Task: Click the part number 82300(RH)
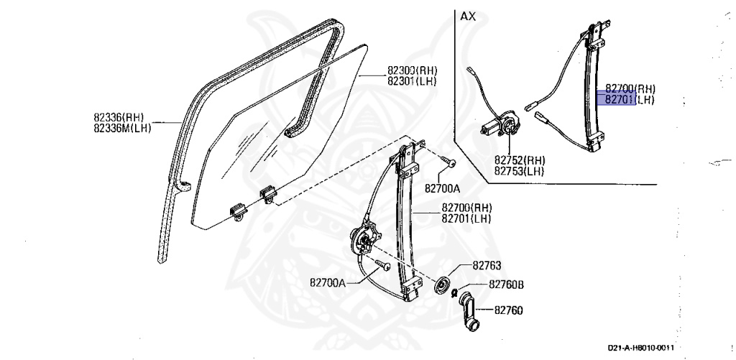click(x=412, y=70)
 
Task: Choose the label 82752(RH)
click(x=520, y=160)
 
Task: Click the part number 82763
click(x=487, y=265)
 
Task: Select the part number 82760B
click(x=506, y=285)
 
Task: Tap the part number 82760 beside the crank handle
click(x=508, y=310)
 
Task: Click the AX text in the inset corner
click(x=468, y=15)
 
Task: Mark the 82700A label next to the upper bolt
click(x=441, y=189)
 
